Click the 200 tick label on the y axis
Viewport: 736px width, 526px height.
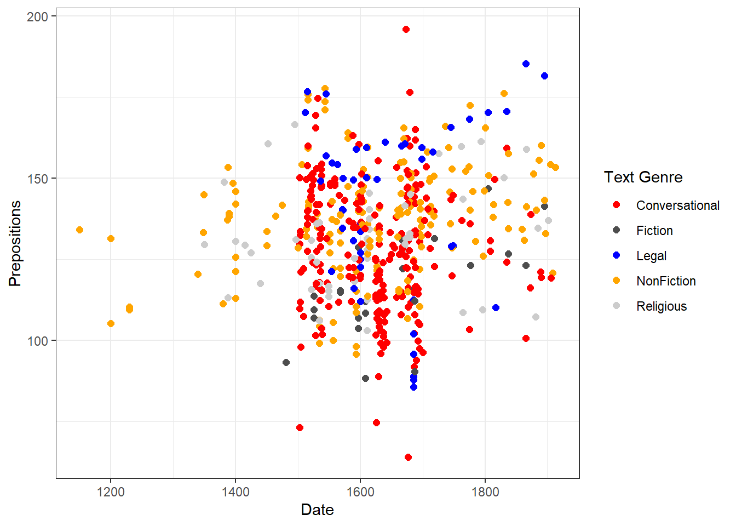pyautogui.click(x=37, y=16)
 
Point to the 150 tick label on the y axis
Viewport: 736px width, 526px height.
pyautogui.click(x=37, y=179)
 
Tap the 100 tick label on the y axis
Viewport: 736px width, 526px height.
pyautogui.click(x=37, y=341)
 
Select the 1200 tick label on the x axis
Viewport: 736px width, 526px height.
pyautogui.click(x=111, y=491)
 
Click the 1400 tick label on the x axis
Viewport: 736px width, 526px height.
pyautogui.click(x=235, y=491)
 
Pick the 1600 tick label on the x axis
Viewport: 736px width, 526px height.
pyautogui.click(x=360, y=491)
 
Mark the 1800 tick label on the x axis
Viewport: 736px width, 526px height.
pyautogui.click(x=485, y=491)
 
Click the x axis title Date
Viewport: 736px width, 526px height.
pyautogui.click(x=317, y=510)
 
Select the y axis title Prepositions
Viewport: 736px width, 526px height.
pyautogui.click(x=15, y=243)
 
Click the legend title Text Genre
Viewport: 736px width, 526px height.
pyautogui.click(x=643, y=177)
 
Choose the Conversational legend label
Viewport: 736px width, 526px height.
pyautogui.click(x=677, y=205)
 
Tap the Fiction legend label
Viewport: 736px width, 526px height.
pyautogui.click(x=654, y=231)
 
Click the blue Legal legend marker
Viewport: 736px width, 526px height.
pyautogui.click(x=617, y=255)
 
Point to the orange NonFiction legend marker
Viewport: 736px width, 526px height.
pyautogui.click(x=617, y=281)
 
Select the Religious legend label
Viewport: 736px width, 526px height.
pyautogui.click(x=661, y=306)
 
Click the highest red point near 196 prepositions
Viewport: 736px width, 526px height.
pyautogui.click(x=406, y=30)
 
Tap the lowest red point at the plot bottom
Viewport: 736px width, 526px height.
pyautogui.click(x=408, y=457)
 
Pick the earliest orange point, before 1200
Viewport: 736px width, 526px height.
pyautogui.click(x=79, y=230)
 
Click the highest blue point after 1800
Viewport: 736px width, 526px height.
pyautogui.click(x=526, y=64)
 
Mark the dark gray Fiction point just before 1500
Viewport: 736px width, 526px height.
pyautogui.click(x=286, y=362)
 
